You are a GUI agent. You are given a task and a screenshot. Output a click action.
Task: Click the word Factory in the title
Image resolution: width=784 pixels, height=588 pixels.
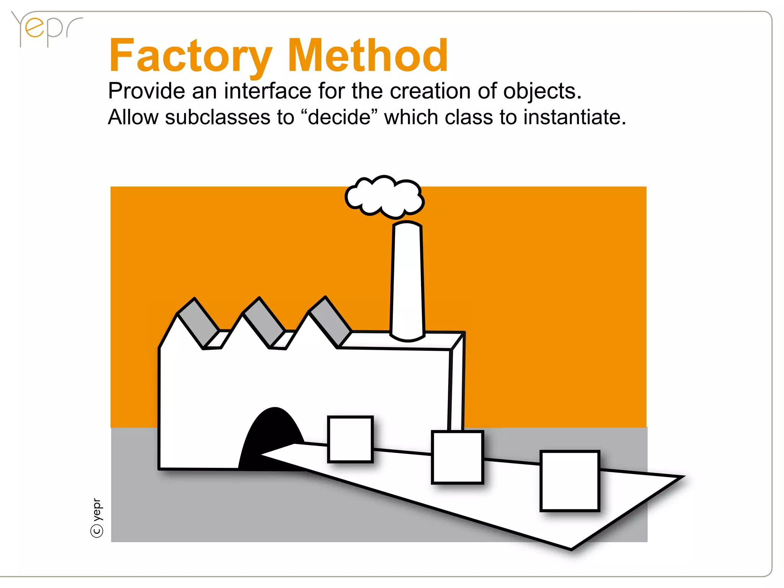coord(190,56)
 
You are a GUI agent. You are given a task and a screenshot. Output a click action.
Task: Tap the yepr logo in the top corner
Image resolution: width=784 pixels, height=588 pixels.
coord(46,29)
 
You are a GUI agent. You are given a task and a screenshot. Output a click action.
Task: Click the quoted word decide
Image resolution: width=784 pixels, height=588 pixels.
coord(339,117)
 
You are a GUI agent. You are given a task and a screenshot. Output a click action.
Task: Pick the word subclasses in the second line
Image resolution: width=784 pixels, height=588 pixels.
coord(217,117)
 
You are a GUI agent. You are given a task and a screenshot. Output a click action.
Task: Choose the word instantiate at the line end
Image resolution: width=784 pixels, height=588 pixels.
coord(574,117)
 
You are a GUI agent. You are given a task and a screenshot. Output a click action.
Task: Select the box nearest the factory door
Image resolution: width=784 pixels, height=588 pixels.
coord(350,439)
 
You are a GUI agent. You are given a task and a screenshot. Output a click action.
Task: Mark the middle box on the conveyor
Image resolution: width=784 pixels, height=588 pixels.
coord(457,457)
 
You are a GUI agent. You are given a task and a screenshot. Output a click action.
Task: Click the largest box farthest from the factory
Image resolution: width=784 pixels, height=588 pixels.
coord(570,481)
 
